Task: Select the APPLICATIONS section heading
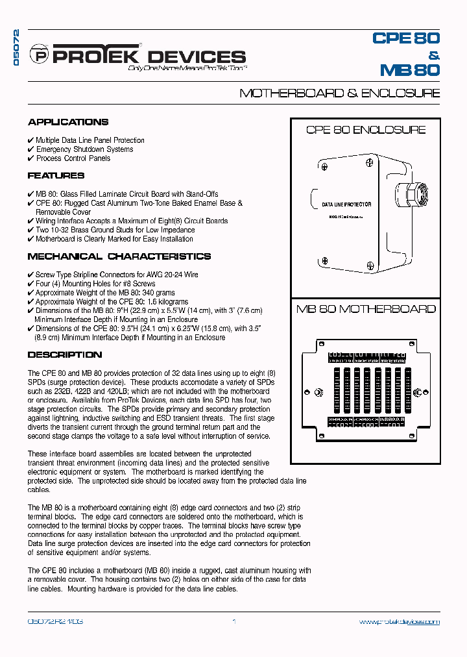coord(68,122)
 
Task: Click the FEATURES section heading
coord(56,175)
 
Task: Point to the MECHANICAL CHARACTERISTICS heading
coord(119,256)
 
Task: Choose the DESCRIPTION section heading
coord(65,354)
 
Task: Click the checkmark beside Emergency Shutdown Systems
coord(31,149)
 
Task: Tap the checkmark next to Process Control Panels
coord(31,158)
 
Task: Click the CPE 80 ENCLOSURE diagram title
coord(366,130)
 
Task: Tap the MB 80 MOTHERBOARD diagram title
coord(366,309)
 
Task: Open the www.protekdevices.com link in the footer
coord(399,622)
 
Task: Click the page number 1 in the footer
coord(234,622)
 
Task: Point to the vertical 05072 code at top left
coord(18,49)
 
